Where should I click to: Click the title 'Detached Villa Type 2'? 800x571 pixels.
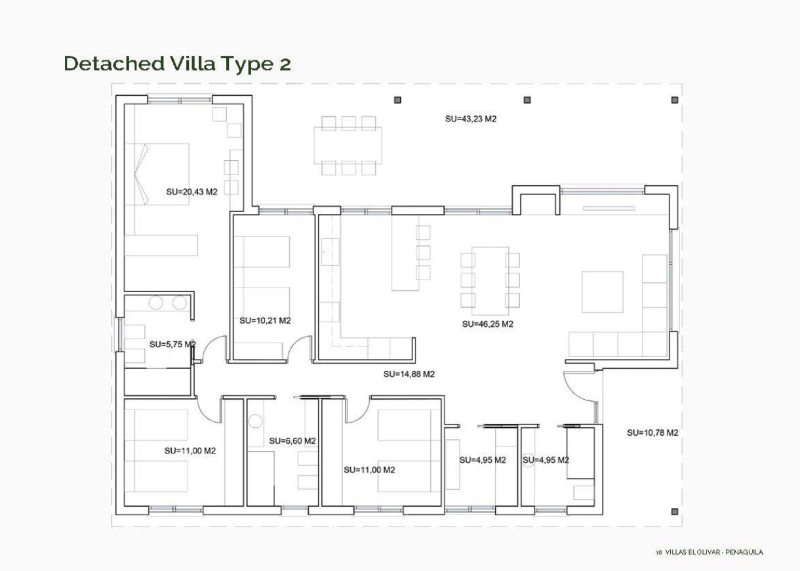pos(177,64)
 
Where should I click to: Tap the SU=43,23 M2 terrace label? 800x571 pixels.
pos(470,119)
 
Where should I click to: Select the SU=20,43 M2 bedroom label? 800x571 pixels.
pos(191,192)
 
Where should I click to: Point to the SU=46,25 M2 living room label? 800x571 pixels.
pos(487,324)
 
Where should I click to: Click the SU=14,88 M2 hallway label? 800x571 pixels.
pos(409,374)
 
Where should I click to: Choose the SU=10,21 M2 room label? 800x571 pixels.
pos(265,320)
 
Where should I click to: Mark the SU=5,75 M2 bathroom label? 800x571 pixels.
pos(172,344)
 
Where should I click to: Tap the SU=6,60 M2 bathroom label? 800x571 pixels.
pos(292,440)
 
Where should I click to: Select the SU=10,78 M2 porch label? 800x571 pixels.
pos(652,433)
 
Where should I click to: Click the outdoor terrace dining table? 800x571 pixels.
pos(348,146)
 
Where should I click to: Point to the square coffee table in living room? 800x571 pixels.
pos(602,292)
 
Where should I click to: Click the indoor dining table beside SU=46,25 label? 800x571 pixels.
pos(490,280)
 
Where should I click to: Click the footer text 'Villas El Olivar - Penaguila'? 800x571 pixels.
pos(714,552)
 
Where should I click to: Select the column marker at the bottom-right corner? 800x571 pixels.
pos(674,511)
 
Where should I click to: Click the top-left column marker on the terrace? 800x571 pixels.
pos(397,100)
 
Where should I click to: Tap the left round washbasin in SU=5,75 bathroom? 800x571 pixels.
pos(156,303)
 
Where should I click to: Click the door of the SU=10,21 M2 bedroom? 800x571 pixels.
pos(300,348)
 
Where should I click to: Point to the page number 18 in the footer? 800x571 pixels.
pos(658,552)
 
